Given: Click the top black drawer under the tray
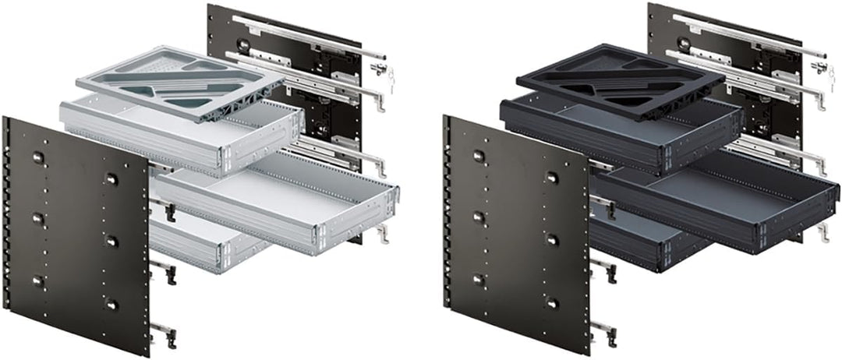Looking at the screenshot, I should point(624,132).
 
